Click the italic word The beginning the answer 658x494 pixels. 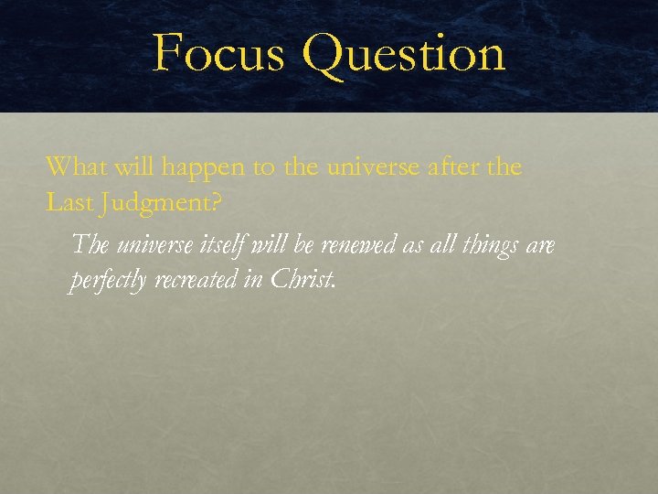coord(89,245)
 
